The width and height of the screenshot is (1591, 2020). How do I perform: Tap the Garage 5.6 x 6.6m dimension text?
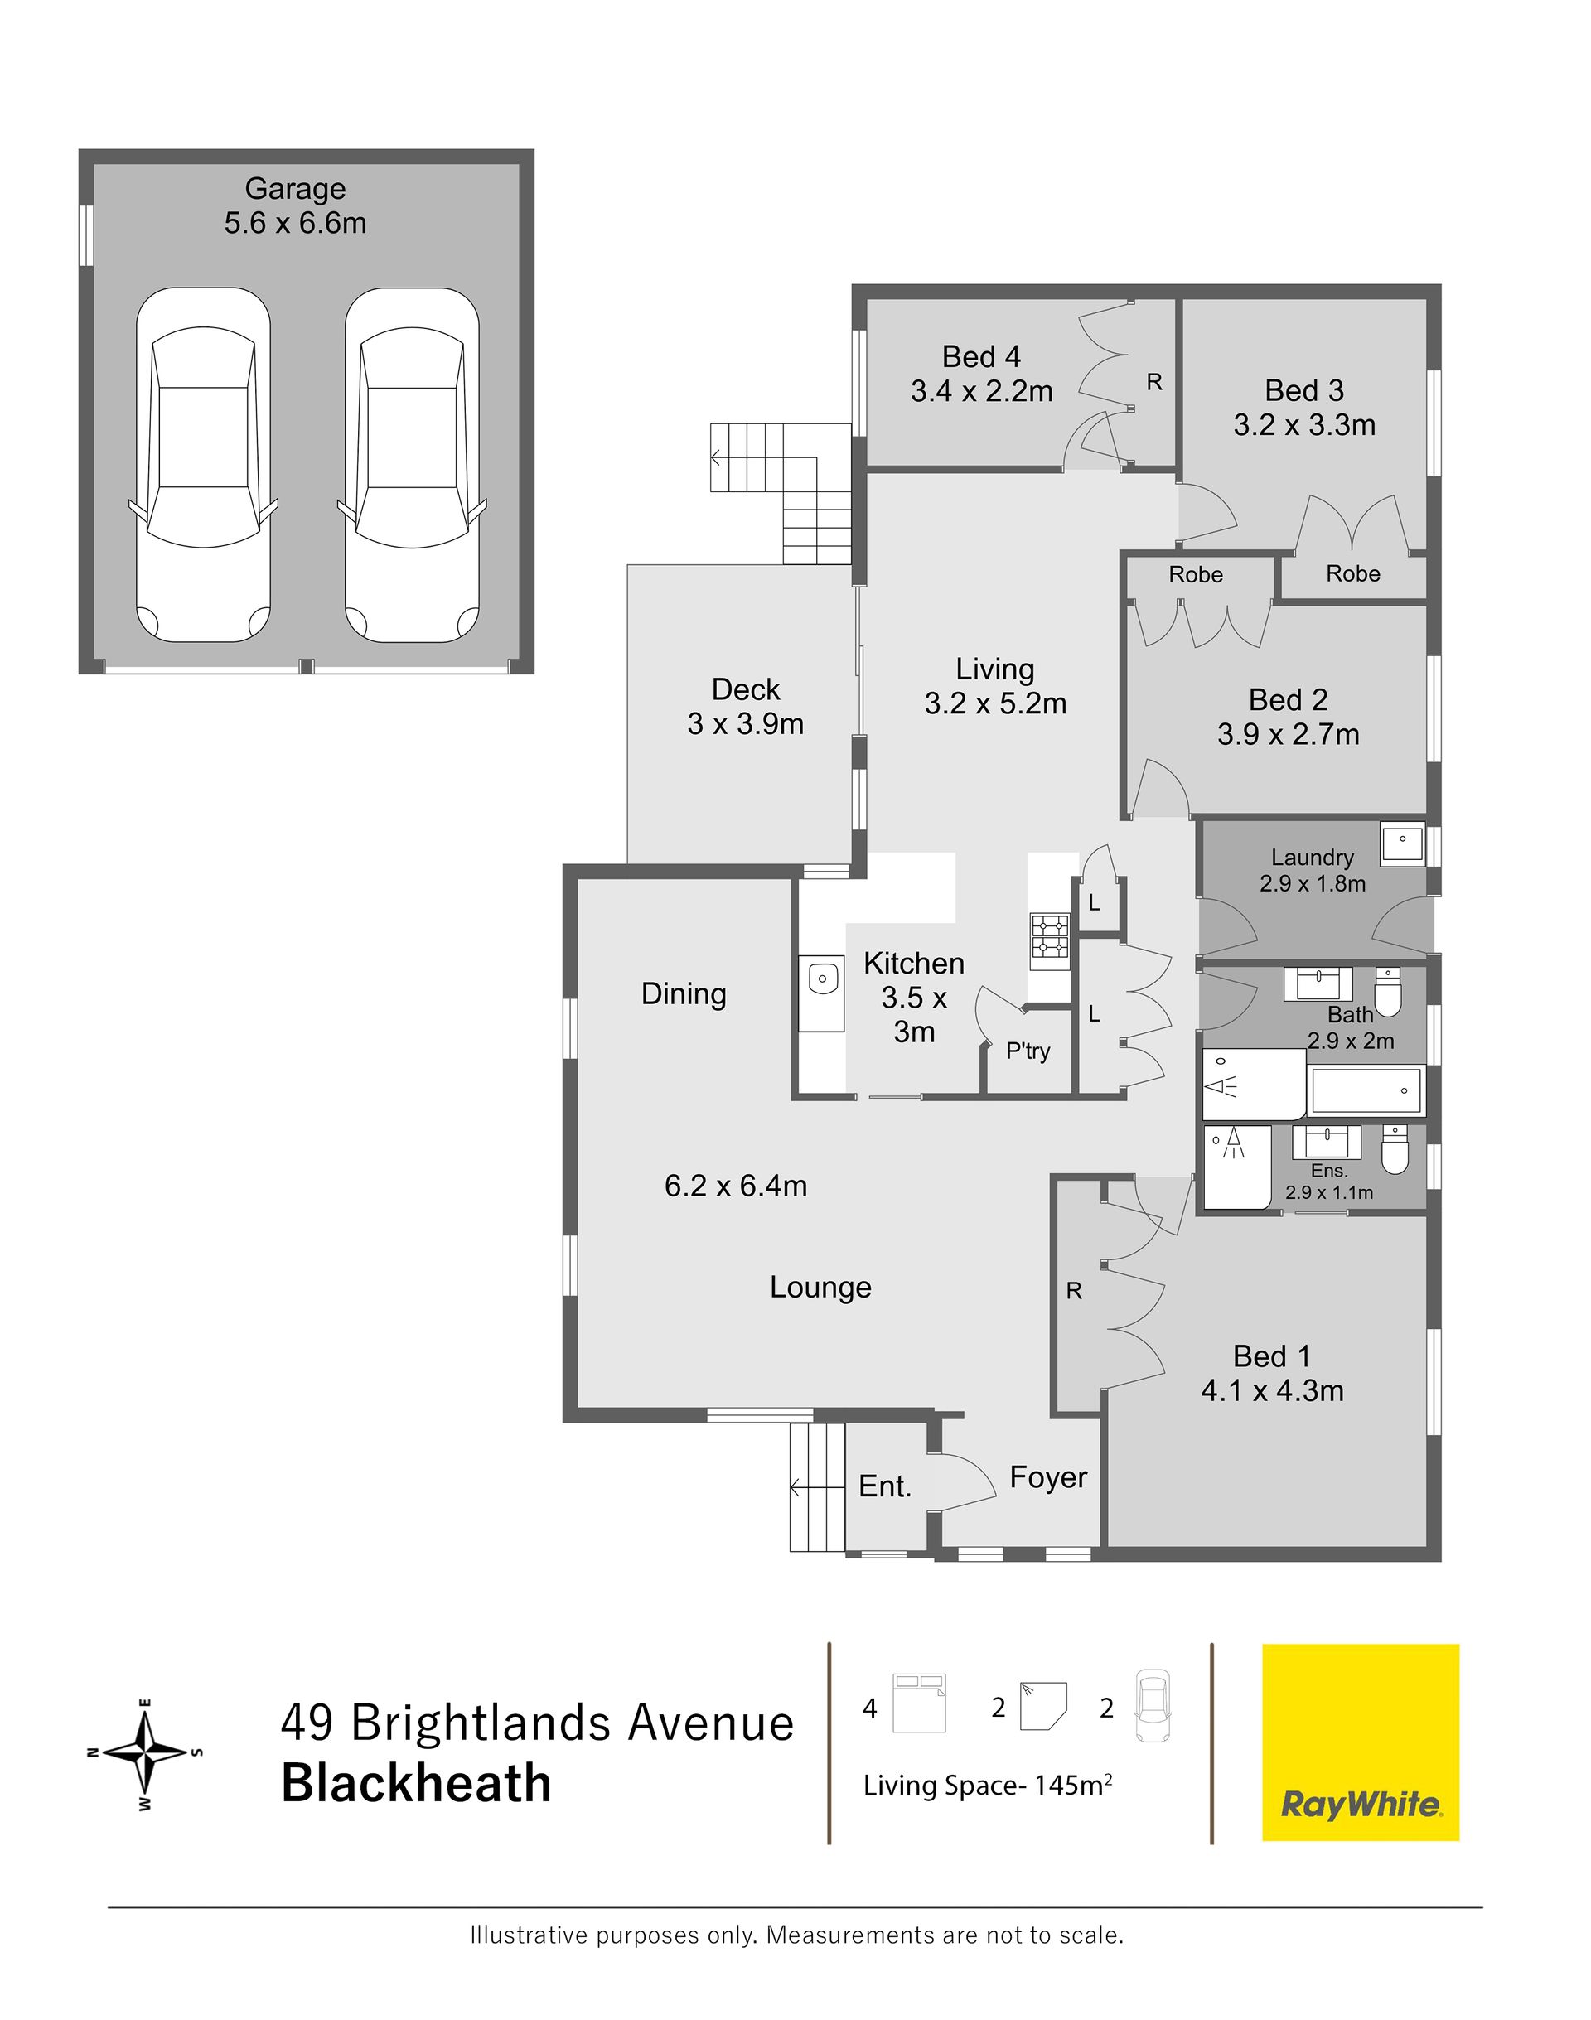coord(295,224)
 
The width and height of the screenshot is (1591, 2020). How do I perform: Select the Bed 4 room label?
coord(981,356)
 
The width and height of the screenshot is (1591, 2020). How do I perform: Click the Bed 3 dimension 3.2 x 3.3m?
coord(1304,426)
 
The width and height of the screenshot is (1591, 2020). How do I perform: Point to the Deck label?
coord(745,689)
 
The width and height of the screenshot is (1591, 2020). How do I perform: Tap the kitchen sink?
coord(820,979)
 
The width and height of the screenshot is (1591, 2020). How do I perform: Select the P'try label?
coord(1028,1051)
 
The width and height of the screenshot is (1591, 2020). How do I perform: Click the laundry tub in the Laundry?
coord(1402,843)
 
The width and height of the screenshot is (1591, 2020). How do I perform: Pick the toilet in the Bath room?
coord(1388,992)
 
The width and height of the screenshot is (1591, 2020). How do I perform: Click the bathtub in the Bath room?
coord(1366,1090)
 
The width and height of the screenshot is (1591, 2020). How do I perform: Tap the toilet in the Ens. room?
coord(1395,1150)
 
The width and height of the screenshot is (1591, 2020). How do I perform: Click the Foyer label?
coord(1048,1477)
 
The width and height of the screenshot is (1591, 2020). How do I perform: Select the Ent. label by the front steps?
coord(884,1486)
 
